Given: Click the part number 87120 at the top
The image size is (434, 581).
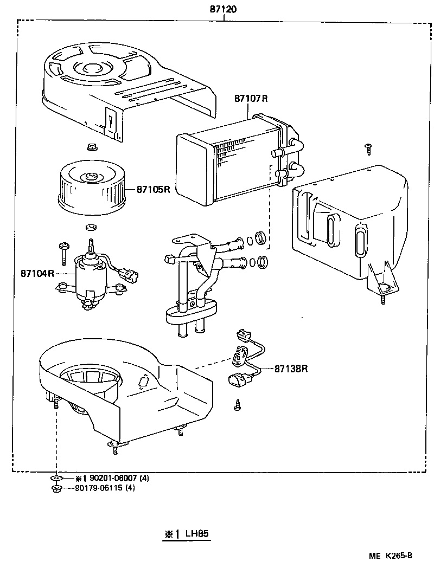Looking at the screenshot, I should point(224,10).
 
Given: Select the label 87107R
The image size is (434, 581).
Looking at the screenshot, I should point(251,98).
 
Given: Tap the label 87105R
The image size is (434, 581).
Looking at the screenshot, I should point(153,190).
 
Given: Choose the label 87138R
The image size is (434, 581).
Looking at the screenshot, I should point(291,369).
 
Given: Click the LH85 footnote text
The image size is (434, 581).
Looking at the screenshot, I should point(196,534).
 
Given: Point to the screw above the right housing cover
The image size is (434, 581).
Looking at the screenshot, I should point(368,146).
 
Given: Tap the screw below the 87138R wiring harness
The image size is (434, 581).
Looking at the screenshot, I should point(238,403).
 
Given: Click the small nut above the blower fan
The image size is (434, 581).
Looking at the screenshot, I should point(91,147).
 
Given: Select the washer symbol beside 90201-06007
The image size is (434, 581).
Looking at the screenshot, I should point(56,479).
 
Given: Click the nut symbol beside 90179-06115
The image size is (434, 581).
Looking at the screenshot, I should point(56,488).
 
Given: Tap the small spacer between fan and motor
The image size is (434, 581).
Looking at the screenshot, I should point(91,225).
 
